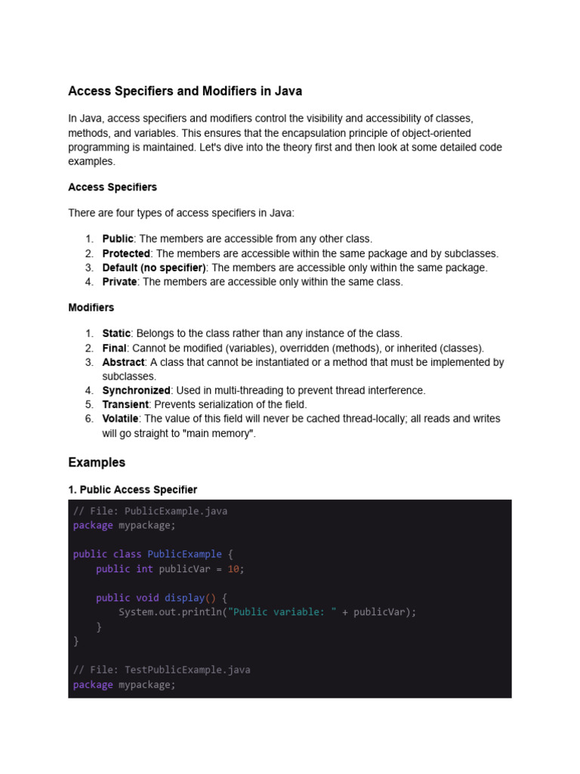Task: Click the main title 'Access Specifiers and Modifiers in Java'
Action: [185, 91]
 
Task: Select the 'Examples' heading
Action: [97, 462]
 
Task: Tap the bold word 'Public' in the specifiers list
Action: [118, 239]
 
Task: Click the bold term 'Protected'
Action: [126, 253]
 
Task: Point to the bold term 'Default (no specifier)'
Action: [154, 268]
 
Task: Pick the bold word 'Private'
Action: [119, 282]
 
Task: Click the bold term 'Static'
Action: [116, 333]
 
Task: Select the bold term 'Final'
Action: [115, 348]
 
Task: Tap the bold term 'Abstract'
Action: [123, 362]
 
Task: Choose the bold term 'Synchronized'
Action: [136, 391]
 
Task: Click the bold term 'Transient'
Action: [125, 404]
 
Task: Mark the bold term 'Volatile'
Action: [120, 419]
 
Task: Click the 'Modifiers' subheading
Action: [91, 308]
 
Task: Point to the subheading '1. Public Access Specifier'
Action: [132, 490]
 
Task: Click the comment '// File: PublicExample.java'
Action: [150, 511]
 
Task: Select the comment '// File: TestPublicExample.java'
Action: [162, 670]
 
